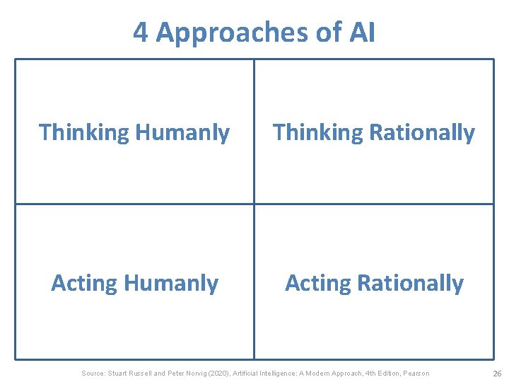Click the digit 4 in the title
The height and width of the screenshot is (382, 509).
pyautogui.click(x=141, y=33)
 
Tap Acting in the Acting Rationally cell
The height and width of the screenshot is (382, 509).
pyautogui.click(x=317, y=283)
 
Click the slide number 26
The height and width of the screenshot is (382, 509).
pyautogui.click(x=496, y=374)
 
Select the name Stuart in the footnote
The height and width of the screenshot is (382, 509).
pyautogui.click(x=119, y=374)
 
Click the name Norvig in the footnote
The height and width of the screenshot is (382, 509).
pyautogui.click(x=200, y=374)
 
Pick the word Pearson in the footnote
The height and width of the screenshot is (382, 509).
pyautogui.click(x=416, y=374)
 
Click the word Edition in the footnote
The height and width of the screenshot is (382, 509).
pyautogui.click(x=384, y=374)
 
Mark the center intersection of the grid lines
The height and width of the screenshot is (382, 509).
pyautogui.click(x=255, y=204)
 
